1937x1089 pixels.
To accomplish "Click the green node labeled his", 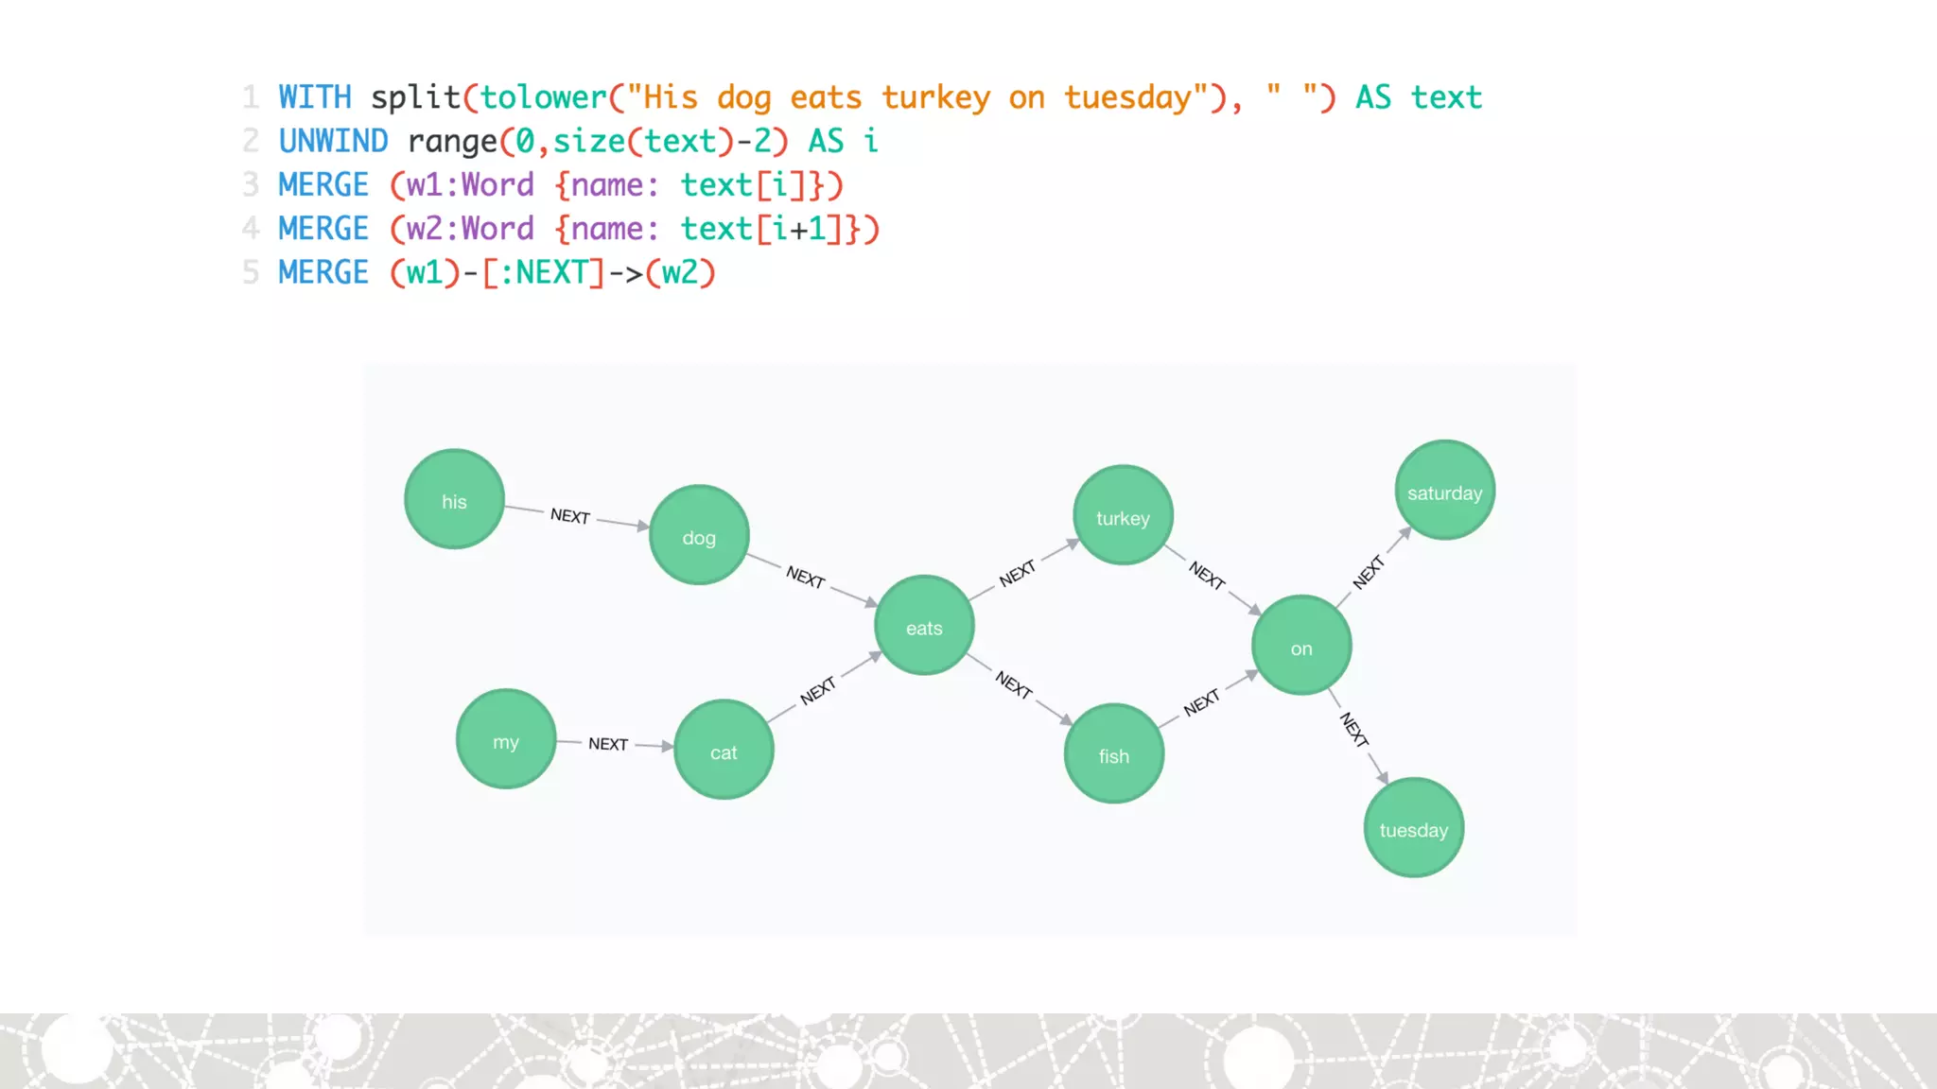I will click(454, 499).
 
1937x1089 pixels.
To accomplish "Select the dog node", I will click(699, 535).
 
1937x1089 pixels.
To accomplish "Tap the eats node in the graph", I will click(924, 625).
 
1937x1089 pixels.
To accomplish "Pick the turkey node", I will click(1123, 515).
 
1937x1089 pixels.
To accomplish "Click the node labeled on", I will click(1301, 646).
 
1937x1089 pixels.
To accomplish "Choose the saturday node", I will click(1444, 490).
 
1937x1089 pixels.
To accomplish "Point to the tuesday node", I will click(1413, 827).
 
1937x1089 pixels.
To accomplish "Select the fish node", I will click(1114, 753).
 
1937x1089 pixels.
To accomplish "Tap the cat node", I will click(724, 750).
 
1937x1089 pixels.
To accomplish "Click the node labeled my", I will click(506, 739).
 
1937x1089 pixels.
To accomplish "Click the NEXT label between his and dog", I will click(570, 515).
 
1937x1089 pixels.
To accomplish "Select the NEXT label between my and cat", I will click(608, 744).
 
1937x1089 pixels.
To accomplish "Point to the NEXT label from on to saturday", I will click(1369, 573).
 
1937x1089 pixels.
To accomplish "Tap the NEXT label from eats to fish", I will click(1013, 683).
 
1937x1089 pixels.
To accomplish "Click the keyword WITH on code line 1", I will click(315, 97).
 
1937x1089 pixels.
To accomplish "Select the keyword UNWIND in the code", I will click(333, 142).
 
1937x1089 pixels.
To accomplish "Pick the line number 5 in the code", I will click(251, 273).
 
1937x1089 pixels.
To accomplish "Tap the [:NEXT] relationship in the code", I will click(543, 273).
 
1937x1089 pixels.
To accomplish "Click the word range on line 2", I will click(452, 142).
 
